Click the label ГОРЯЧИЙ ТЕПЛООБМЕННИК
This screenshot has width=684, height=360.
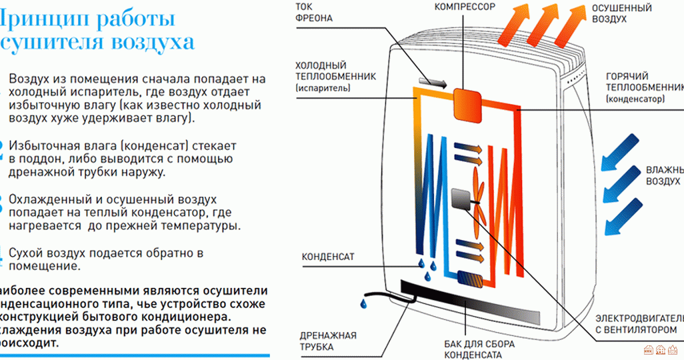pyautogui.click(x=644, y=87)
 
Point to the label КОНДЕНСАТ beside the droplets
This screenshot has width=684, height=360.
pyautogui.click(x=328, y=256)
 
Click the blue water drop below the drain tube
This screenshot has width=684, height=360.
pyautogui.click(x=363, y=303)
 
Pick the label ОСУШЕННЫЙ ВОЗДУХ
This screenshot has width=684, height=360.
pyautogui.click(x=612, y=13)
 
